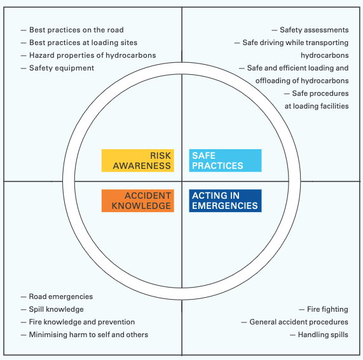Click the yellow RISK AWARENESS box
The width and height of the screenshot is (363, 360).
[138, 161]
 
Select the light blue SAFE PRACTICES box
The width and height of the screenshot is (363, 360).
[225, 161]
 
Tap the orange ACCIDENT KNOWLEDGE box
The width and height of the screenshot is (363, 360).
[138, 201]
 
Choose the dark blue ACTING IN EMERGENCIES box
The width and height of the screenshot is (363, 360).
[225, 201]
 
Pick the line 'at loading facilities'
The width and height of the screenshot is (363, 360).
[317, 106]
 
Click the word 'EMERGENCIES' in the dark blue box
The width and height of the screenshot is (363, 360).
[225, 206]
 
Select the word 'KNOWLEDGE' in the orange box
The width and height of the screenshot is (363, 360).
[141, 206]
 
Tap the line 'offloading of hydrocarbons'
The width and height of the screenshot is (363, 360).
[302, 81]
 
